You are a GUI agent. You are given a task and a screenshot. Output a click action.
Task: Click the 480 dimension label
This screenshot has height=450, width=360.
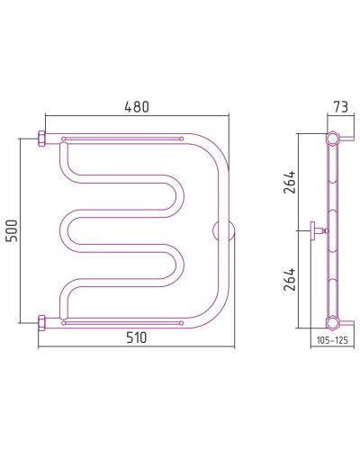click(137, 107)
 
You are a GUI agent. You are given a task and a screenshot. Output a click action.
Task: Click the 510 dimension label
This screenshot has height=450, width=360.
click(137, 337)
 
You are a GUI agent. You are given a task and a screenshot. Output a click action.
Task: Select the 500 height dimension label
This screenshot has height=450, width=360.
click(13, 230)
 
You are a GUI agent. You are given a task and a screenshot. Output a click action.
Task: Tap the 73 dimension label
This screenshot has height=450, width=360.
click(340, 107)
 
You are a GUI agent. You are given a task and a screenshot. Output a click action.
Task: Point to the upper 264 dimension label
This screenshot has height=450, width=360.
click(290, 182)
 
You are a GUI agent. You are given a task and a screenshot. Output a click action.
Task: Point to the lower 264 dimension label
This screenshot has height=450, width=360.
click(290, 279)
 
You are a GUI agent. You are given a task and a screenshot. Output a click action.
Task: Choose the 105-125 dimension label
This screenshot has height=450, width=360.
click(332, 340)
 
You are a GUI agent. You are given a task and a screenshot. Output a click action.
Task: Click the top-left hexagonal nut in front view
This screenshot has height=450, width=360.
click(41, 139)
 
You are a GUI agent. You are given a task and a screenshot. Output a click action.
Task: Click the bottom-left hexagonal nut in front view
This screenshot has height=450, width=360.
click(41, 323)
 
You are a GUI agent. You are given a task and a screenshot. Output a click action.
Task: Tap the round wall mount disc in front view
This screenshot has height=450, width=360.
click(223, 231)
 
